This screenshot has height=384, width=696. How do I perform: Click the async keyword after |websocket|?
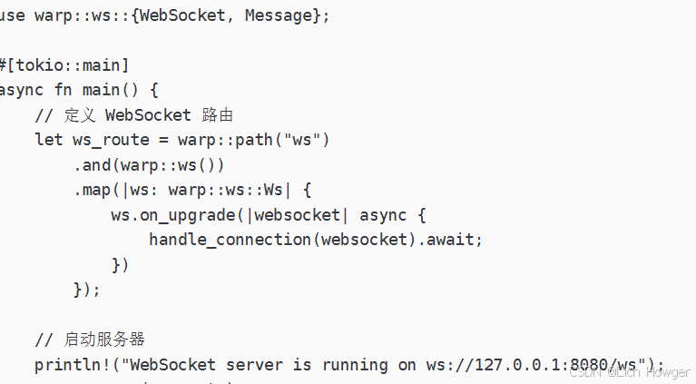coord(384,215)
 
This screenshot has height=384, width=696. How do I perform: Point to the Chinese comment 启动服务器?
coord(104,340)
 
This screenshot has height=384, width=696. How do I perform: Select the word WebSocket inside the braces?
coord(184,16)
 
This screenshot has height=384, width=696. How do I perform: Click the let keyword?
coord(49,140)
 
